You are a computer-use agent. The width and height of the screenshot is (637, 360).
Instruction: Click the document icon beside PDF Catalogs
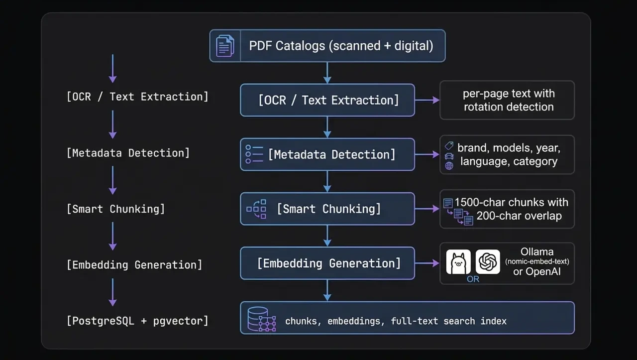click(x=225, y=46)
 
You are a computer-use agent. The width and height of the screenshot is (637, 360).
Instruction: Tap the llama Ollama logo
click(x=458, y=262)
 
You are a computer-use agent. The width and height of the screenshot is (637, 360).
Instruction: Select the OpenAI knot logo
click(x=488, y=262)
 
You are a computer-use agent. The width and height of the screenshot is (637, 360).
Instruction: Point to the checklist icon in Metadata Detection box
click(x=254, y=154)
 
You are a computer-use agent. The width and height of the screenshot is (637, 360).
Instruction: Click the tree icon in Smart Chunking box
click(x=256, y=209)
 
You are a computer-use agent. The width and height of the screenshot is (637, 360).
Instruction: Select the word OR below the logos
click(x=473, y=279)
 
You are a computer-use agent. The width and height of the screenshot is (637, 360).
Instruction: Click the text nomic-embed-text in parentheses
click(x=537, y=262)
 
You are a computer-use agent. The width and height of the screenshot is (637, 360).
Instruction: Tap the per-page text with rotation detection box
click(x=507, y=100)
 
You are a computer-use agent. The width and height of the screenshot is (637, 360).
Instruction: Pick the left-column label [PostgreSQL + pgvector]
click(x=137, y=321)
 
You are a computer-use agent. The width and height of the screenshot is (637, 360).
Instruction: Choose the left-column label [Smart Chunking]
click(x=115, y=209)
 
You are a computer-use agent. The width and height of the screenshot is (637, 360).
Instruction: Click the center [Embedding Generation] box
click(x=327, y=263)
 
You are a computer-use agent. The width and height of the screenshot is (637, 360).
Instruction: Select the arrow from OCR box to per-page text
click(x=427, y=100)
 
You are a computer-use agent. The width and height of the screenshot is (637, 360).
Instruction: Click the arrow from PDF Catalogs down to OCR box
click(x=327, y=73)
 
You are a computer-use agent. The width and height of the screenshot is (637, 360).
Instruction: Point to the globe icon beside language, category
click(x=449, y=166)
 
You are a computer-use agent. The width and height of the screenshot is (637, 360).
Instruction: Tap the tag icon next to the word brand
click(x=449, y=146)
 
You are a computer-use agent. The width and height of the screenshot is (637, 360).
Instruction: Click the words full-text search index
click(x=448, y=321)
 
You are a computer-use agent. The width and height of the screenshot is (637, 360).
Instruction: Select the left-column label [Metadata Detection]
click(x=128, y=153)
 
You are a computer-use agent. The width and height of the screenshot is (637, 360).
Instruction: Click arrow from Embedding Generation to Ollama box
click(x=427, y=263)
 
